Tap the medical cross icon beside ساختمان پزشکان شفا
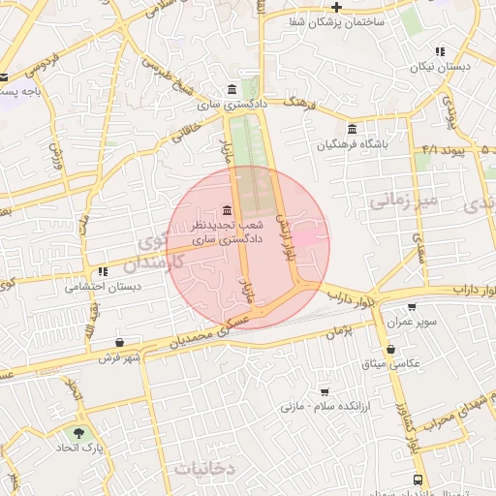(x=336, y=7)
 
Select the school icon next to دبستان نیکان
(x=440, y=51)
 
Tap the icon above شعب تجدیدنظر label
(x=227, y=209)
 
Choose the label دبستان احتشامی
(x=104, y=287)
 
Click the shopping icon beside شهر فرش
(x=119, y=342)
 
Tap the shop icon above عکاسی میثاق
(x=390, y=349)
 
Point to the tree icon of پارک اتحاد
(x=78, y=432)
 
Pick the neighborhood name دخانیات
(x=204, y=468)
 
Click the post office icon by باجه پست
(x=5, y=77)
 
